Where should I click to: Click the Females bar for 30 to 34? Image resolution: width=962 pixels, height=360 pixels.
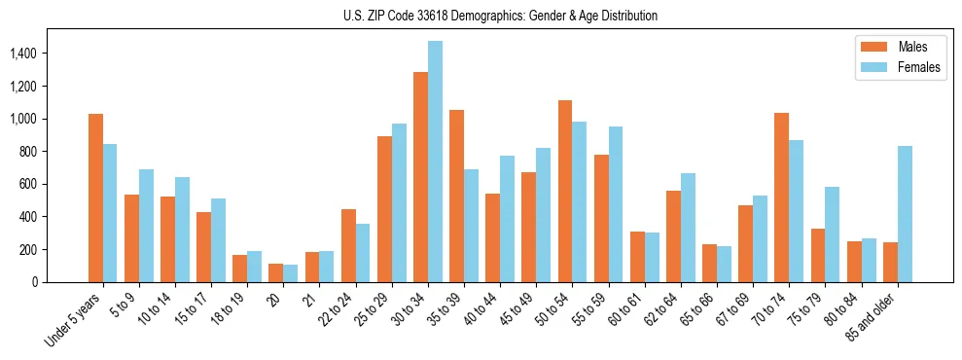[x=435, y=162]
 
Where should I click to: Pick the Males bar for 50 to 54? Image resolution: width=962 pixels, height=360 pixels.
[x=565, y=191]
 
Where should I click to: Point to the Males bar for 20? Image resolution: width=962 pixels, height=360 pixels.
[x=276, y=272]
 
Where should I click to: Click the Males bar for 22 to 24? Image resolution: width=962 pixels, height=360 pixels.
[x=348, y=245]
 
